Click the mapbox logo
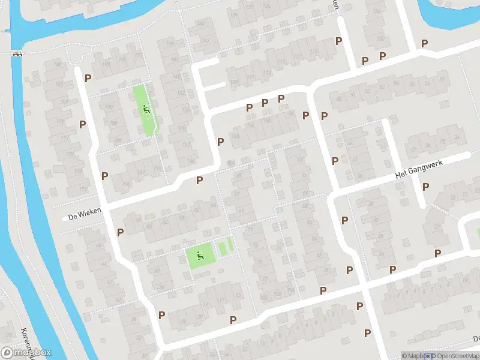[26, 353]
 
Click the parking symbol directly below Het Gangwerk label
[425, 187]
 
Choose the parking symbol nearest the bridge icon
[88, 78]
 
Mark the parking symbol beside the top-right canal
[424, 43]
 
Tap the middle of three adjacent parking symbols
[265, 103]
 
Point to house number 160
[200, 23]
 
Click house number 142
[206, 41]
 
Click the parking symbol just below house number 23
[437, 253]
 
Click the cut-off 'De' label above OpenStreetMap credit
[475, 339]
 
